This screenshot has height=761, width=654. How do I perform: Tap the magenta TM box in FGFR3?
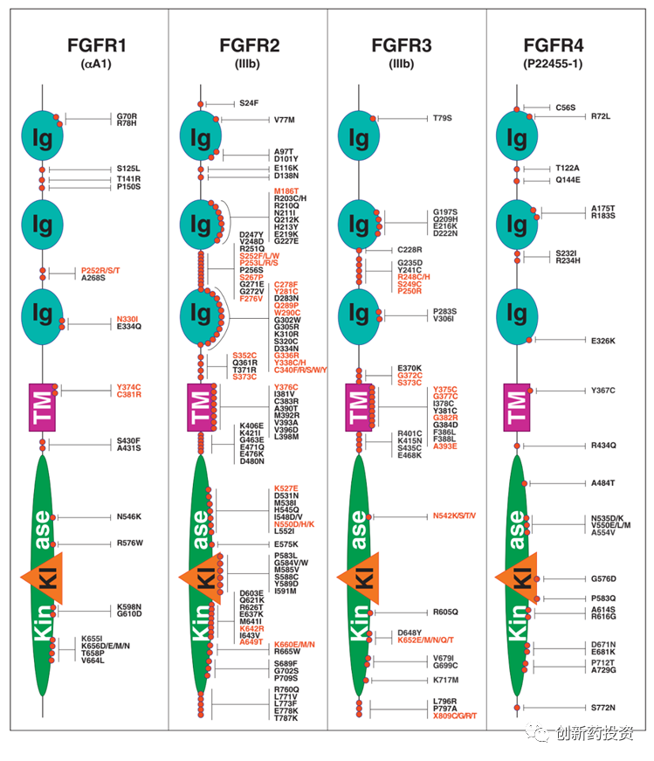[x=358, y=406]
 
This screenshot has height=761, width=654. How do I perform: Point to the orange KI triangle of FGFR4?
[x=515, y=579]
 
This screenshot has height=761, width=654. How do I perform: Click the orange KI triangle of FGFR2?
[x=200, y=579]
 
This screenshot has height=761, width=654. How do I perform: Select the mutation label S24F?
[x=249, y=103]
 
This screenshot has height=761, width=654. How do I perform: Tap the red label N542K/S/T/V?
[x=454, y=515]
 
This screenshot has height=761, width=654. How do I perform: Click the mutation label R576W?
[x=129, y=543]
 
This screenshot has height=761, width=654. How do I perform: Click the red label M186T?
[x=286, y=190]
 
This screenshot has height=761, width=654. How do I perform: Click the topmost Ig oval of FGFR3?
[x=358, y=135]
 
